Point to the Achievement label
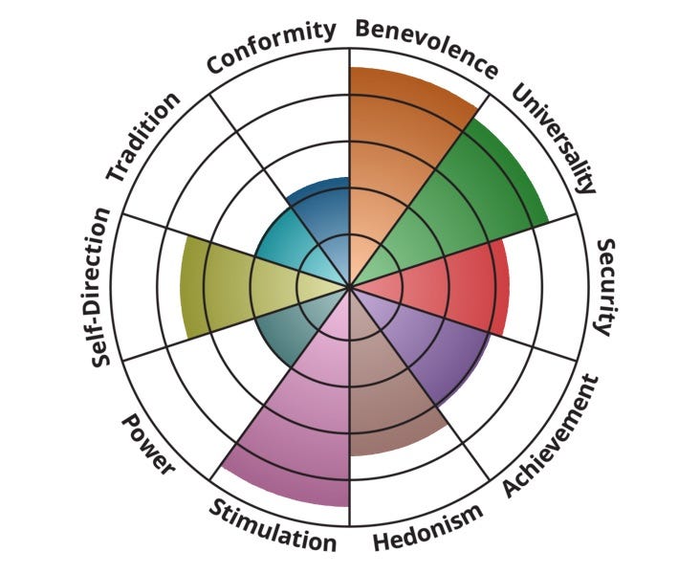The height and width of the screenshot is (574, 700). [x=552, y=435]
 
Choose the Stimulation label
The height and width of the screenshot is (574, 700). [x=273, y=525]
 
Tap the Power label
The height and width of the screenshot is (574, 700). [x=148, y=445]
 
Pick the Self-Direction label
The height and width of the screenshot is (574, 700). [x=102, y=288]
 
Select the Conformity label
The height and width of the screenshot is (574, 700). [x=272, y=47]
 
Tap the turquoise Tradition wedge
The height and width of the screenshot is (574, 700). [x=287, y=249]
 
